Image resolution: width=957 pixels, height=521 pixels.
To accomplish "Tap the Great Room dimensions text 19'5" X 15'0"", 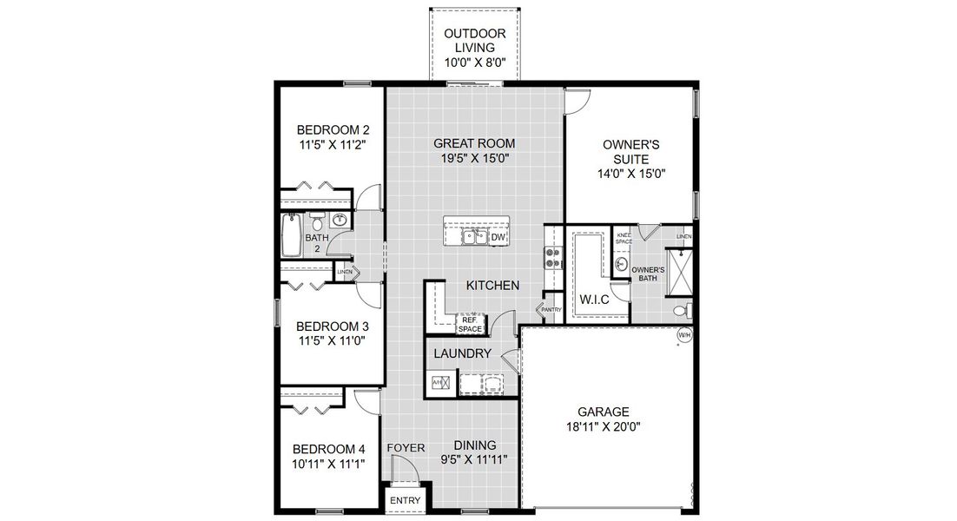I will coord(474,159).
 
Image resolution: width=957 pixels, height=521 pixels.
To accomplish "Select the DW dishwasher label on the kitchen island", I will coord(498,237).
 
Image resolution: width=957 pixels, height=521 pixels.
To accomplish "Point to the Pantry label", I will coord(551,310).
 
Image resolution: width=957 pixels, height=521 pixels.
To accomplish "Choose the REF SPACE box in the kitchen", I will coord(470,325).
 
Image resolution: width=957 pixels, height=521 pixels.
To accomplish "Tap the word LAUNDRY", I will coord(463,354).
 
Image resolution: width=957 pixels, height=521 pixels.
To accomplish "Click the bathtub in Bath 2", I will coord(292,236).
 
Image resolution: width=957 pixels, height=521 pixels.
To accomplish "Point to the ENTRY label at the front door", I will coord(405,501).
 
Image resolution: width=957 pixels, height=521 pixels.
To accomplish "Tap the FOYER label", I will coord(406,448).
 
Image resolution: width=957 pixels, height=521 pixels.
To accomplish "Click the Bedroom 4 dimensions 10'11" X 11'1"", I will coord(328,464).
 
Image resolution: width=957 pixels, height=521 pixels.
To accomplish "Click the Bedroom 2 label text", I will coord(330,130).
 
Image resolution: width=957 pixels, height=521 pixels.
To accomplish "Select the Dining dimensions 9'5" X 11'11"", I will coord(474,458).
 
